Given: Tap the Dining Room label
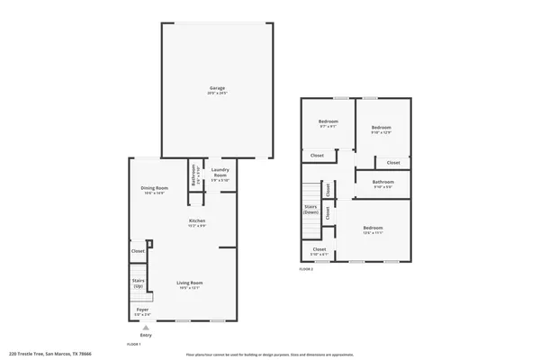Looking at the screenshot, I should tap(154, 189).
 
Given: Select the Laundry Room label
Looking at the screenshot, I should tap(220, 173).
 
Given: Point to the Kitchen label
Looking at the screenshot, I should tap(197, 221).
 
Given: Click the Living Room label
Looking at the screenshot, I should tap(190, 284).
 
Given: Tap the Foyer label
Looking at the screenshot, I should tap(142, 310).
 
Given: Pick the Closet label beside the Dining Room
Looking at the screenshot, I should tap(139, 251).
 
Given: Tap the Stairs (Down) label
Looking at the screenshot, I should tap(311, 211).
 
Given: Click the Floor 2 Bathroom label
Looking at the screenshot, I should tap(382, 184).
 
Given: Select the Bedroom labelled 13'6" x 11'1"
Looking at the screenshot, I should tap(373, 229).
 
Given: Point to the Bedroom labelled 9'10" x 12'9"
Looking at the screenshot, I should tap(382, 130).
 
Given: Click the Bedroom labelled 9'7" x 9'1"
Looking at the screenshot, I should tap(328, 122).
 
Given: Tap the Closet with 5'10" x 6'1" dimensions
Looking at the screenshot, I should tap(319, 251).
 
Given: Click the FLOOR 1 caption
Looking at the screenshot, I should tap(133, 344).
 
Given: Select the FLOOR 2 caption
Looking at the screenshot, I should tap(307, 268).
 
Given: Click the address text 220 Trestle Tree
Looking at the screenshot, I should tap(51, 354).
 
